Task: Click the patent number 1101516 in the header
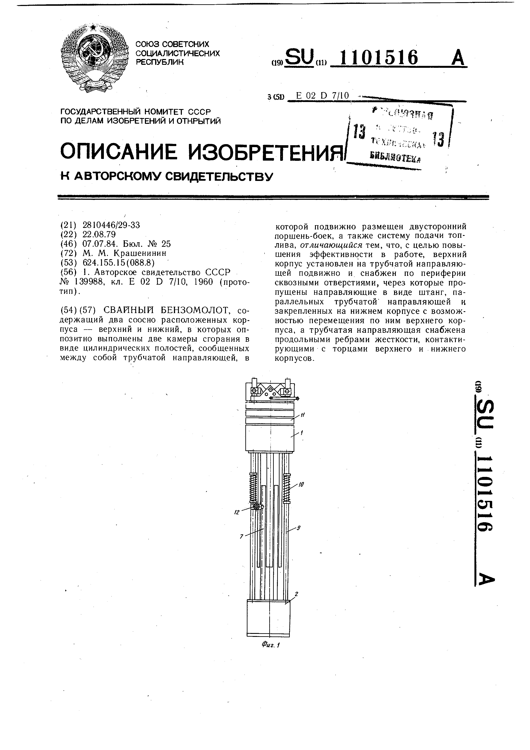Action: coord(378,58)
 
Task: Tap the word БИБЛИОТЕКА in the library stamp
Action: coord(395,158)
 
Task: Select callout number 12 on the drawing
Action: coord(237,513)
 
